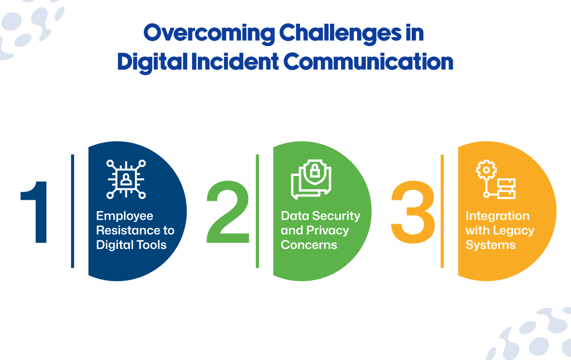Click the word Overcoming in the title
209,33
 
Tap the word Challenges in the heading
340,33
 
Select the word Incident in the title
235,62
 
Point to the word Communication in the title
368,62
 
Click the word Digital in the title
152,62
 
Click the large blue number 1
35,212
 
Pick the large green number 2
228,212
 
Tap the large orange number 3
413,212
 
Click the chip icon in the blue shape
126,179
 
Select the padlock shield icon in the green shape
311,179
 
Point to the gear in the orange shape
486,170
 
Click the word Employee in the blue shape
124,216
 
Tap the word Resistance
127,230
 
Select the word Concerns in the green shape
309,245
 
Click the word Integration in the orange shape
497,217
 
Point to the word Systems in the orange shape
491,245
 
